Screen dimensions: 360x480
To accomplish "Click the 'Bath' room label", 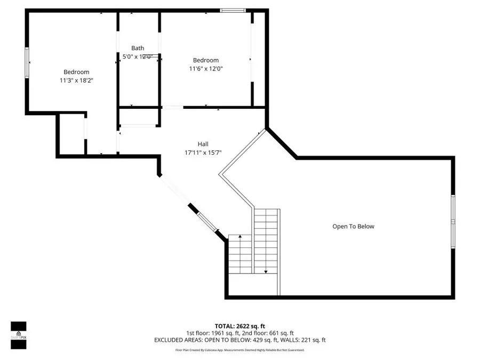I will pyautogui.click(x=138, y=49).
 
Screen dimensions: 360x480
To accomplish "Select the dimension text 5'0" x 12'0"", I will pyautogui.click(x=138, y=57).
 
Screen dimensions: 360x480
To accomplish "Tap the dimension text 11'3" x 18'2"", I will pyautogui.click(x=76, y=80).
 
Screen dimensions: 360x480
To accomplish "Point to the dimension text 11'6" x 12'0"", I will pyautogui.click(x=205, y=68).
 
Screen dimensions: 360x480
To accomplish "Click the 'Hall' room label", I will pyautogui.click(x=203, y=144).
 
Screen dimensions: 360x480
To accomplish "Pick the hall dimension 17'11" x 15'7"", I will pyautogui.click(x=203, y=152).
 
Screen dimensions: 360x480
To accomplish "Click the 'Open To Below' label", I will pyautogui.click(x=353, y=226).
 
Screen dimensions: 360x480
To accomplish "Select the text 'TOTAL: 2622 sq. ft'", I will pyautogui.click(x=239, y=325).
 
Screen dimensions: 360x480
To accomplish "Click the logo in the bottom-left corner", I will pyautogui.click(x=19, y=335).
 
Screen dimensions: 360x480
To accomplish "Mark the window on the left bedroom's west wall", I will pyautogui.click(x=27, y=62).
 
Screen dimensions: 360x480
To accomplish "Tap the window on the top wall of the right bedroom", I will pyautogui.click(x=233, y=10).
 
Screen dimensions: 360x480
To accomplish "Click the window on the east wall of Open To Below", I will pyautogui.click(x=453, y=221).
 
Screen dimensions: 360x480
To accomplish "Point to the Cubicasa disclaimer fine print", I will pyautogui.click(x=239, y=350).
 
